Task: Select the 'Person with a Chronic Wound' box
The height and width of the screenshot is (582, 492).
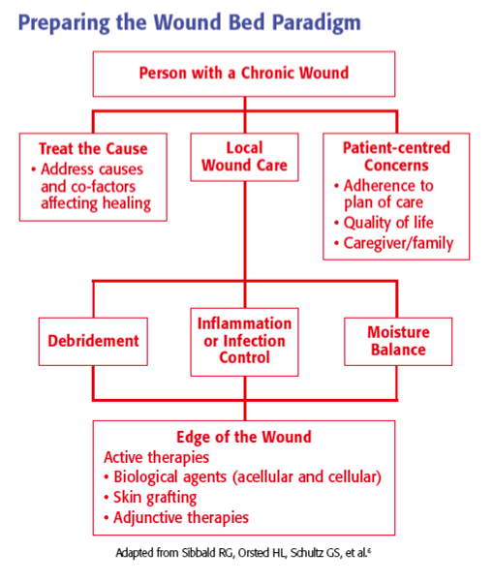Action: click(x=244, y=74)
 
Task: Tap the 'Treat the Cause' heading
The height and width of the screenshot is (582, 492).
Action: click(x=93, y=148)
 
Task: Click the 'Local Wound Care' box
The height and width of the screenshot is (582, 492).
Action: click(x=244, y=157)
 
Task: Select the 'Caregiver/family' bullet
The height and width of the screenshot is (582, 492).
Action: click(x=392, y=243)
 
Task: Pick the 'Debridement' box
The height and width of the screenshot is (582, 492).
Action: click(x=94, y=341)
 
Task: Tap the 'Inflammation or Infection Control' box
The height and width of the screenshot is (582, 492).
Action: click(x=244, y=341)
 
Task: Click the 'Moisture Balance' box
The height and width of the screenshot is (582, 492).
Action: click(x=397, y=341)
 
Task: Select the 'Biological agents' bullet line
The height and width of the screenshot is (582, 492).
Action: click(x=244, y=476)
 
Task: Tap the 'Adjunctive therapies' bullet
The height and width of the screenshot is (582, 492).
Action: click(x=179, y=517)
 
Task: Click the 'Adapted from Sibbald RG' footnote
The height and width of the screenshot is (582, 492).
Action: click(x=244, y=555)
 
